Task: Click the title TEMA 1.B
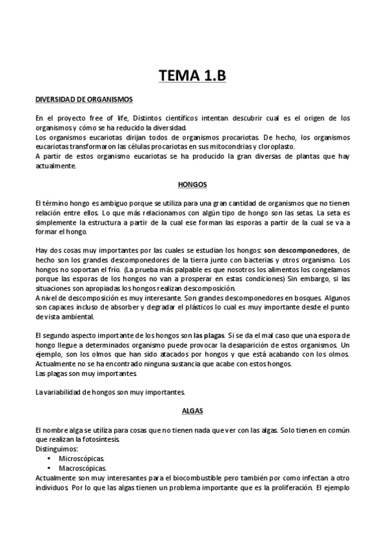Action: pyautogui.click(x=192, y=77)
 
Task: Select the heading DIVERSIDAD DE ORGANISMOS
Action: pyautogui.click(x=83, y=100)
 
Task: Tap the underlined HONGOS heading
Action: pyautogui.click(x=192, y=184)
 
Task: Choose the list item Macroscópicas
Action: pyautogui.click(x=83, y=468)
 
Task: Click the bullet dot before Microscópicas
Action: pyautogui.click(x=50, y=459)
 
